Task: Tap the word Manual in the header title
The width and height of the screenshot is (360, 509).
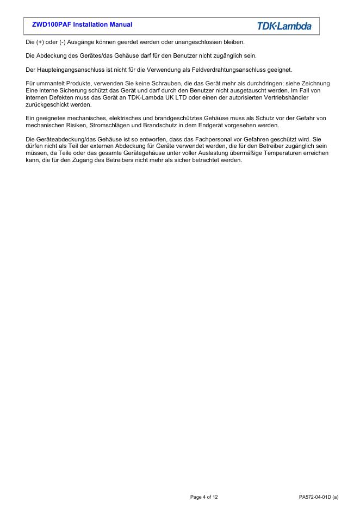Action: tap(120, 24)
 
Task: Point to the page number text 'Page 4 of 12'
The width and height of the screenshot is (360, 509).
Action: tap(204, 497)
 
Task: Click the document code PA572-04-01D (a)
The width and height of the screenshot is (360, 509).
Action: tap(319, 497)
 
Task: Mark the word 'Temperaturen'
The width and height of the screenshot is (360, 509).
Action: tap(282, 153)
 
